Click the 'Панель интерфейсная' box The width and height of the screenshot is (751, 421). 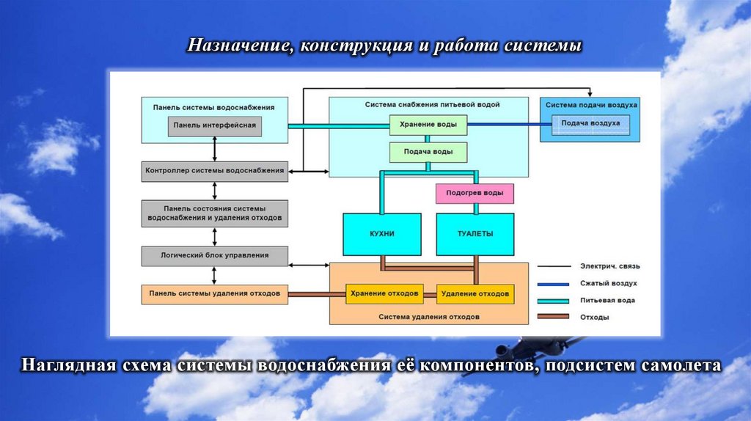(214, 125)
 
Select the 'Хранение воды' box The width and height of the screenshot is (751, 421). (428, 125)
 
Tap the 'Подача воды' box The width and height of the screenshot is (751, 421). (428, 153)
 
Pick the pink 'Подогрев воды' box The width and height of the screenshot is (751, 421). (475, 194)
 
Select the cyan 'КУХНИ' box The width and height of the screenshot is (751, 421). (382, 234)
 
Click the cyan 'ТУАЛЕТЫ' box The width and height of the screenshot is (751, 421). (475, 234)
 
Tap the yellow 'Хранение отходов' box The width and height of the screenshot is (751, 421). (385, 294)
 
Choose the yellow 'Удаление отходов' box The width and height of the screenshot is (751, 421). (475, 294)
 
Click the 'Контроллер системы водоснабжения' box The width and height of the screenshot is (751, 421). (214, 171)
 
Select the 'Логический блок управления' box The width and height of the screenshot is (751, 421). (214, 256)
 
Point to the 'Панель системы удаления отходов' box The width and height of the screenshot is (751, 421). (214, 294)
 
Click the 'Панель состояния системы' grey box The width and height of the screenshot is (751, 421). (214, 213)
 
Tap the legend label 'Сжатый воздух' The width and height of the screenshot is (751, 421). (608, 283)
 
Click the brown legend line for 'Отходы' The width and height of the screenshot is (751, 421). (554, 318)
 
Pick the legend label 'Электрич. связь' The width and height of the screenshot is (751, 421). (609, 266)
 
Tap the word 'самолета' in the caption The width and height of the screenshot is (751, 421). (681, 365)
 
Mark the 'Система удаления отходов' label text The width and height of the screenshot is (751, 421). (429, 317)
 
